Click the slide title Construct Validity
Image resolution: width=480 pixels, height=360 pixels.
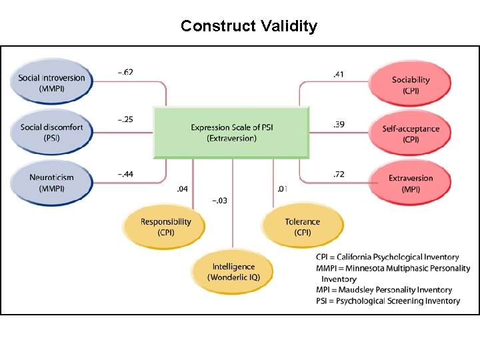coord(249,26)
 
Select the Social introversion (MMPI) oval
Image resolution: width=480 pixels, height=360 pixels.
coord(51,83)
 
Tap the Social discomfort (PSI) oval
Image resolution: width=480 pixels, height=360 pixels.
coord(51,132)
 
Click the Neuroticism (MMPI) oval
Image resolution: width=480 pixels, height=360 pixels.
coord(51,182)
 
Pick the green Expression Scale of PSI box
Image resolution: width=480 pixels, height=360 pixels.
coord(232,133)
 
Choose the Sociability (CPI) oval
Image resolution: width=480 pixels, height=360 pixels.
coord(411,85)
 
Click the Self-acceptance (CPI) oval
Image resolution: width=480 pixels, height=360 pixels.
coord(411,133)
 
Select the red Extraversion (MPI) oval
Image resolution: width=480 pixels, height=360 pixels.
coord(411,183)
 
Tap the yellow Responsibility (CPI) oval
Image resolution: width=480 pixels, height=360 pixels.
coord(165,227)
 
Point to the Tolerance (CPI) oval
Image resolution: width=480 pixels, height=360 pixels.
coord(302,227)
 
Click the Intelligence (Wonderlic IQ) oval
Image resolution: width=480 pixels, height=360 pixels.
coord(233,271)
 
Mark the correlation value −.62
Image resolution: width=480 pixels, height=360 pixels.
coord(125,72)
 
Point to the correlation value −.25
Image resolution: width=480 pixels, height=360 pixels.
coord(125,120)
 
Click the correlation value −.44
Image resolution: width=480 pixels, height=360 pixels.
coord(125,174)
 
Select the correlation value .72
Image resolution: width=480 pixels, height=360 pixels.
coord(339,174)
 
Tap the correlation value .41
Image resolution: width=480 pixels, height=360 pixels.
coord(339,74)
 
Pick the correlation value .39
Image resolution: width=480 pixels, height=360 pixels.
coord(339,125)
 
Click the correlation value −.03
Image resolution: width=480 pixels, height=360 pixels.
coord(219,200)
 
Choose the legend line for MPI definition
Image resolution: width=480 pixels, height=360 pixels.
coord(384,290)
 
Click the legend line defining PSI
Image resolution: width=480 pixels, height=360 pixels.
coord(388,301)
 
